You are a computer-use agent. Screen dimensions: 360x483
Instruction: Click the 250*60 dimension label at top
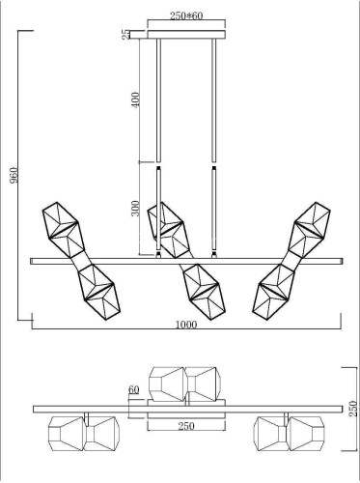click(186, 15)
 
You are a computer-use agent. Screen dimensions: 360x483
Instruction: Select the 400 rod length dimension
click(136, 99)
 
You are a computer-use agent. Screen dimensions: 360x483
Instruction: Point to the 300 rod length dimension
click(136, 208)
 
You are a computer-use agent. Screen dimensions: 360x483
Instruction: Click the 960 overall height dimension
click(14, 175)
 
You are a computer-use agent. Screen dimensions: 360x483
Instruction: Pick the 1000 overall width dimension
click(186, 325)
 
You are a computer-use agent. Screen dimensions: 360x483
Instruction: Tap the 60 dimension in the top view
click(134, 390)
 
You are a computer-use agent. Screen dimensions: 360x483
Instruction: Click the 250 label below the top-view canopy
click(186, 426)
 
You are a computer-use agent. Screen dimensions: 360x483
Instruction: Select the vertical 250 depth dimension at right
click(353, 409)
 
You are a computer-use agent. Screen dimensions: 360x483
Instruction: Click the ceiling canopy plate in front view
click(186, 35)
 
